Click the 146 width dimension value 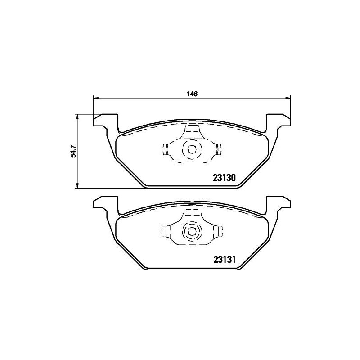(x=192, y=94)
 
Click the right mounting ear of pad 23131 (x=278, y=203)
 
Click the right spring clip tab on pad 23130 (x=218, y=149)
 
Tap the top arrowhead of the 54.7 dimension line (x=78, y=116)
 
